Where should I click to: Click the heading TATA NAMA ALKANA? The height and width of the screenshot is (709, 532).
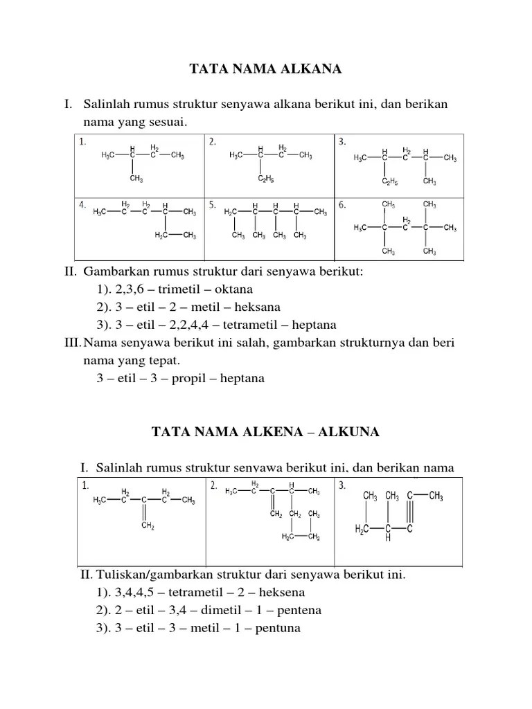tap(266, 69)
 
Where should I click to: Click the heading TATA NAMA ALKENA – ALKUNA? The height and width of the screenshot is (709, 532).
tap(265, 432)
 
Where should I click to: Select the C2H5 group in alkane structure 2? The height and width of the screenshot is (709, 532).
tap(265, 179)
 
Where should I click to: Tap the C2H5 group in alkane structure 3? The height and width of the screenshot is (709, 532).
tap(389, 182)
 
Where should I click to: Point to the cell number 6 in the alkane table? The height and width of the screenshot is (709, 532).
tap(342, 205)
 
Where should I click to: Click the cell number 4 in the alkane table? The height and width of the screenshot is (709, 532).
tap(82, 205)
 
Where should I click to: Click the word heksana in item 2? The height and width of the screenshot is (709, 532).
tap(257, 307)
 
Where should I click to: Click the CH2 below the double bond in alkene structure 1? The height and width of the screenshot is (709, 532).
tap(148, 526)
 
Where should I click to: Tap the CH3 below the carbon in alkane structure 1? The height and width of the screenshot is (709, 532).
tap(136, 179)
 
